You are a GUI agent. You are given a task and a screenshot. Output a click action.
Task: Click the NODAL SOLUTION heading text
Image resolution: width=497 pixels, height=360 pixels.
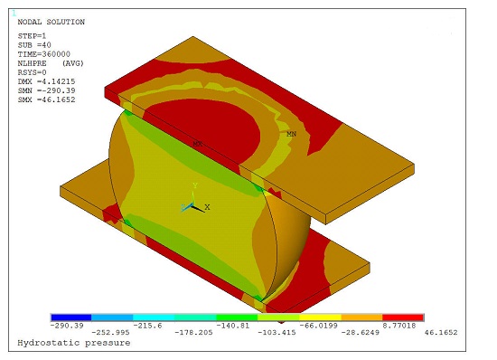[x=51, y=22]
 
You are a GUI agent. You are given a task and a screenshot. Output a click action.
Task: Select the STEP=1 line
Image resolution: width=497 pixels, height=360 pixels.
[x=33, y=35]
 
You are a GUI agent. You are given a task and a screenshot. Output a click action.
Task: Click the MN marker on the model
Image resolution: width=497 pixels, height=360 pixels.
[x=291, y=134]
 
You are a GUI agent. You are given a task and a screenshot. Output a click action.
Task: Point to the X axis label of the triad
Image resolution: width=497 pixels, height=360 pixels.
[x=207, y=207]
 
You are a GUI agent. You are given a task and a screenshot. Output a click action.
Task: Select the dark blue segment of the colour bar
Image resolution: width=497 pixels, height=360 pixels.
[x=71, y=317]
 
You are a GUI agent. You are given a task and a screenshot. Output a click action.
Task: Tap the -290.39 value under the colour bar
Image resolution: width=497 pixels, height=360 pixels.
[x=69, y=326]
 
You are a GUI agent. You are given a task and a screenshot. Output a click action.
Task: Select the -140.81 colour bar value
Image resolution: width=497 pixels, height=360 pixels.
[x=231, y=326]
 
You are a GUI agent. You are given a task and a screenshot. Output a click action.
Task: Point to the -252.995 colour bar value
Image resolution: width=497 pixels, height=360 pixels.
[x=112, y=333]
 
